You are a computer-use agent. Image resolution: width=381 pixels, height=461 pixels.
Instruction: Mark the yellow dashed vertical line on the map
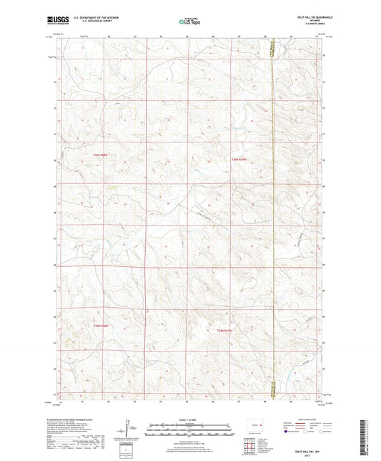pyautogui.click(x=272, y=215)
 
